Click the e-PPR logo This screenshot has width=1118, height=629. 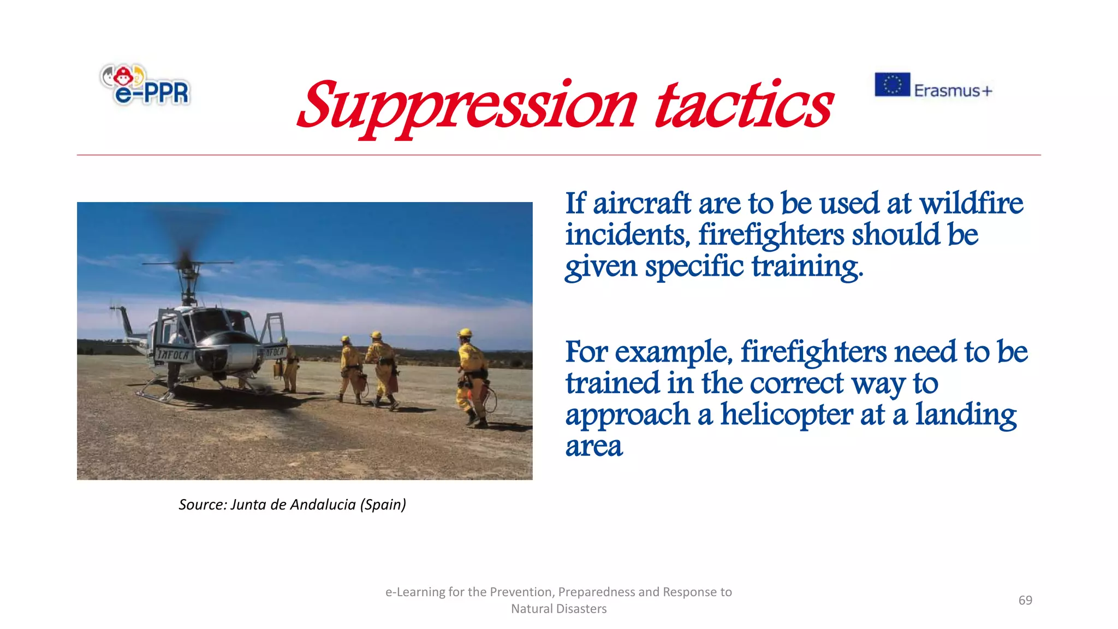[x=145, y=85]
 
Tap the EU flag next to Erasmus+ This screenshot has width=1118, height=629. [x=892, y=85]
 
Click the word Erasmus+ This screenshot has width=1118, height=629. [x=953, y=90]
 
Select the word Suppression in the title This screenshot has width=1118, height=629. [x=467, y=106]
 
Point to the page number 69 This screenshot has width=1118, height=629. [x=1025, y=600]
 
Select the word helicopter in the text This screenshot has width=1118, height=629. [x=786, y=414]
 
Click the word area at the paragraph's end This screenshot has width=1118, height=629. [x=593, y=447]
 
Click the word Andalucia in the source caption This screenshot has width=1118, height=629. [x=323, y=505]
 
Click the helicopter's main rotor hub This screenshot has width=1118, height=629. [x=187, y=265]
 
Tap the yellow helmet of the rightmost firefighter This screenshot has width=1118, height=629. [x=465, y=333]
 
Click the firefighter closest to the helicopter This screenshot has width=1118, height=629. [x=289, y=366]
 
